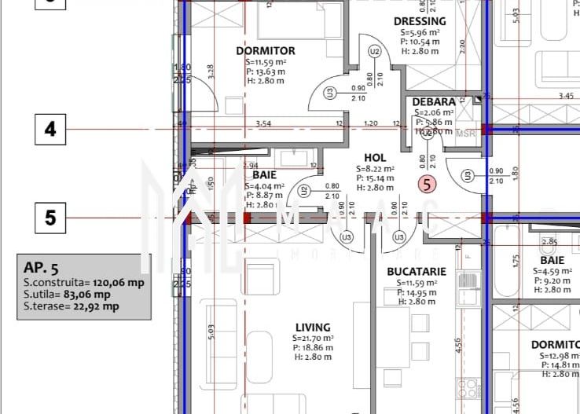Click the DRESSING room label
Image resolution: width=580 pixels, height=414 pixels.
(419, 21)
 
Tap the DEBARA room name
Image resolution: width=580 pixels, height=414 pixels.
(434, 102)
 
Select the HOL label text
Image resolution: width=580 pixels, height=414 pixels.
(375, 158)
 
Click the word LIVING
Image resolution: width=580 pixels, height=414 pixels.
(313, 328)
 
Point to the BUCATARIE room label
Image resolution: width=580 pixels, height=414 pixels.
(417, 272)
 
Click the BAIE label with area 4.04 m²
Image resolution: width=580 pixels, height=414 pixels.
(263, 174)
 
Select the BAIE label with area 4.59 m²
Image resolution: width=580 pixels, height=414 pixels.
(552, 260)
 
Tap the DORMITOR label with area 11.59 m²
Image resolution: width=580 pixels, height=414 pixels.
(266, 51)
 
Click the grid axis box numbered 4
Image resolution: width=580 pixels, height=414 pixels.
(51, 129)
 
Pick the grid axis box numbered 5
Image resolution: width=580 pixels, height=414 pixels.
(51, 217)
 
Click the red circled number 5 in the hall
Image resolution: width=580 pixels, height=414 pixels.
(427, 185)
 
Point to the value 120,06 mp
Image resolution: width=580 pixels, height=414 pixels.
(119, 283)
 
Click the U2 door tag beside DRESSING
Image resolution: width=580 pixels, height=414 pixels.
(375, 52)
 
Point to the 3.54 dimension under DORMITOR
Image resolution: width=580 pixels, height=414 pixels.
(263, 123)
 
